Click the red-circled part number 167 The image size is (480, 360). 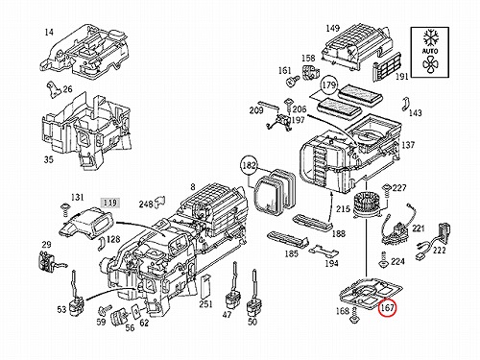coord(387,308)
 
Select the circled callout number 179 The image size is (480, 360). coord(328,85)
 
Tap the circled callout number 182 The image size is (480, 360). coord(249,165)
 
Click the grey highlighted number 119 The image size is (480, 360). coord(110,203)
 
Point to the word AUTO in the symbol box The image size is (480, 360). coord(430,51)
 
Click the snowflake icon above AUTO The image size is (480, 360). coord(430,38)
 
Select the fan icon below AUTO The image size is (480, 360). coord(430,64)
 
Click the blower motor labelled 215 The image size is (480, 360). coord(367,205)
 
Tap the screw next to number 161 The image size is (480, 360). coord(292,81)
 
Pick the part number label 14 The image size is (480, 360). coord(49,33)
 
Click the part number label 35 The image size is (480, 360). coord(48,159)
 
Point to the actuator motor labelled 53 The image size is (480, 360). coord(76,293)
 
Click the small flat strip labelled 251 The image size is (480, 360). coord(204,286)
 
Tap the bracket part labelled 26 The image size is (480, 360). coord(53,89)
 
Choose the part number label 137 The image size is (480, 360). coord(408,145)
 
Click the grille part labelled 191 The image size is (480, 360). coord(386,66)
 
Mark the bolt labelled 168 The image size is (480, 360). coord(353,315)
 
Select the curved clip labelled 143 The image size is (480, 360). coord(406,105)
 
